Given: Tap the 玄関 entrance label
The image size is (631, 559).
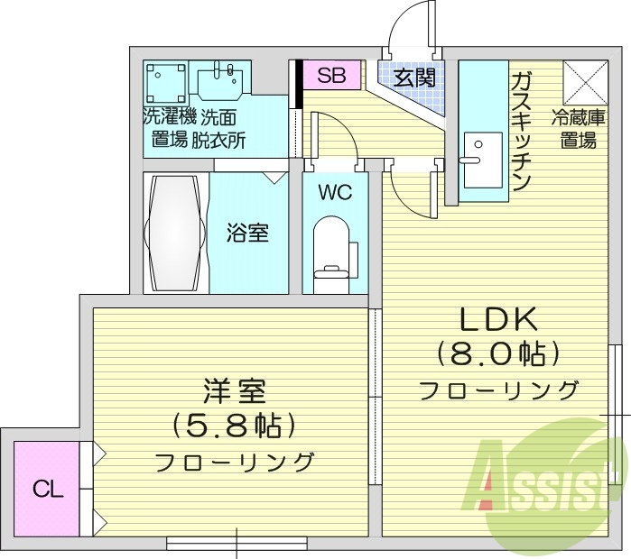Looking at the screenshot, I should [414, 78].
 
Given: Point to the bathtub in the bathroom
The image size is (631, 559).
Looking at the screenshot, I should [175, 231].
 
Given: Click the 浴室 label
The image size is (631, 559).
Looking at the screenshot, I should [246, 233].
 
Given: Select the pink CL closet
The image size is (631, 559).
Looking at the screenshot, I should [48, 490].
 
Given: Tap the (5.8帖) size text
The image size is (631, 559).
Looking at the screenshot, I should [233, 426].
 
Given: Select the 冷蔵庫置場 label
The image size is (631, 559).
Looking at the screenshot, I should [577, 128].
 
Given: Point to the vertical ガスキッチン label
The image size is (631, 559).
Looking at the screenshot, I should [521, 131].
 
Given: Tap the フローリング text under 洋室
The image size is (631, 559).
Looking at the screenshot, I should [234, 463].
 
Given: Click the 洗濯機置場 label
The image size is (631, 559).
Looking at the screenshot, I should [169, 128].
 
